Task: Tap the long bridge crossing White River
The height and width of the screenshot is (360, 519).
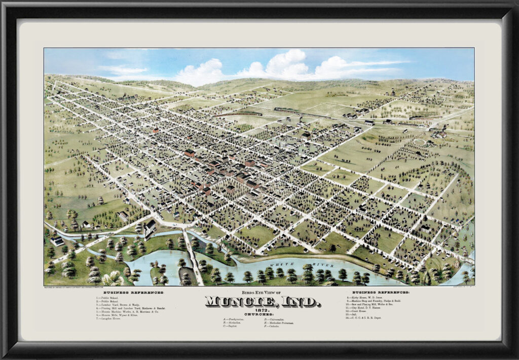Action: tap(193, 256)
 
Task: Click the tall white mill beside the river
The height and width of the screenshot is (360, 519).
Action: tap(150, 228)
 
